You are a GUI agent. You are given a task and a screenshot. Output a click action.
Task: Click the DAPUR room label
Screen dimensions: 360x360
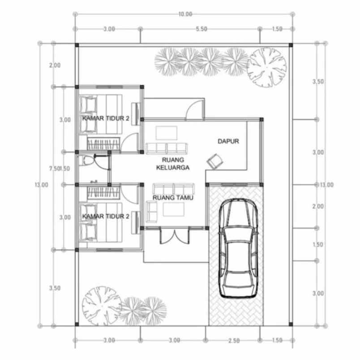[x=228, y=141]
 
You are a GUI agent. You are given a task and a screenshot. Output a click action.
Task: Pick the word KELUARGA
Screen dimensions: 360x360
[x=174, y=168]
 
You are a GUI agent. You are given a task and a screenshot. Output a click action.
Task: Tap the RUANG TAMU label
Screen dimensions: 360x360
[x=173, y=197]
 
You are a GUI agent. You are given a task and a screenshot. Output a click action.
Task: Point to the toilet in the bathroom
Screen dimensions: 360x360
[x=86, y=160]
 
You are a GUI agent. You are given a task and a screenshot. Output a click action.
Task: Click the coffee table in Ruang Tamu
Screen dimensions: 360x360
[x=174, y=209]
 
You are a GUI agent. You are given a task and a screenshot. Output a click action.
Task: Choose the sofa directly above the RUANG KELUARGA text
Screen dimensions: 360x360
[x=166, y=148]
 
